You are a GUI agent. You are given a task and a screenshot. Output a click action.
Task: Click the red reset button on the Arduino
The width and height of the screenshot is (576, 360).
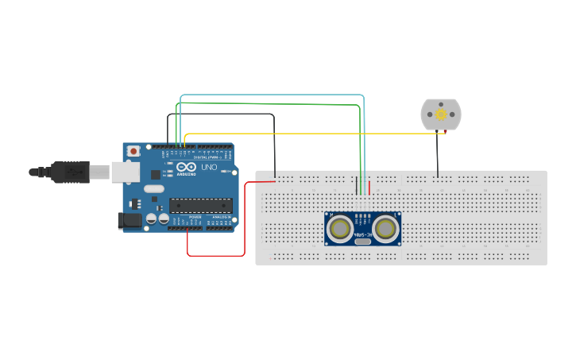tap(133, 150)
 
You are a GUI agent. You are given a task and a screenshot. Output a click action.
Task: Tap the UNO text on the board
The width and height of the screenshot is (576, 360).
tap(209, 168)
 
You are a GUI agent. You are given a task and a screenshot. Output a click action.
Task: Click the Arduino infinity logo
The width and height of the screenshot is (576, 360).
tap(186, 167)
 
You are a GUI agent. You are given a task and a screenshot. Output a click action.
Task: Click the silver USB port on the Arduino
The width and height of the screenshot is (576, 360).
tap(124, 171)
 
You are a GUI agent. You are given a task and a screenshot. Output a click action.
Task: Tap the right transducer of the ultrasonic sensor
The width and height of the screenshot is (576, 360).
tap(386, 229)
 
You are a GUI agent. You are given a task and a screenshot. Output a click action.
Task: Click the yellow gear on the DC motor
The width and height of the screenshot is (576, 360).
tap(440, 114)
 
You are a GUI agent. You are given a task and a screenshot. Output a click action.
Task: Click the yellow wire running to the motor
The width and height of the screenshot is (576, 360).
tap(318, 134)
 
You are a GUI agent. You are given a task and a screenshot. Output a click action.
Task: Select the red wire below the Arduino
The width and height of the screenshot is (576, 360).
tap(215, 255)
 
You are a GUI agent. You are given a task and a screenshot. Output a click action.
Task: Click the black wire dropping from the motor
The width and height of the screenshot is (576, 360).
tap(437, 155)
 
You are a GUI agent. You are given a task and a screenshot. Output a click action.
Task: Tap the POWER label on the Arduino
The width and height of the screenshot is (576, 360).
tap(195, 216)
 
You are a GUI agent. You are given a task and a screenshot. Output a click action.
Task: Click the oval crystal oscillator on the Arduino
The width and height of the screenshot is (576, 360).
tap(154, 188)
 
